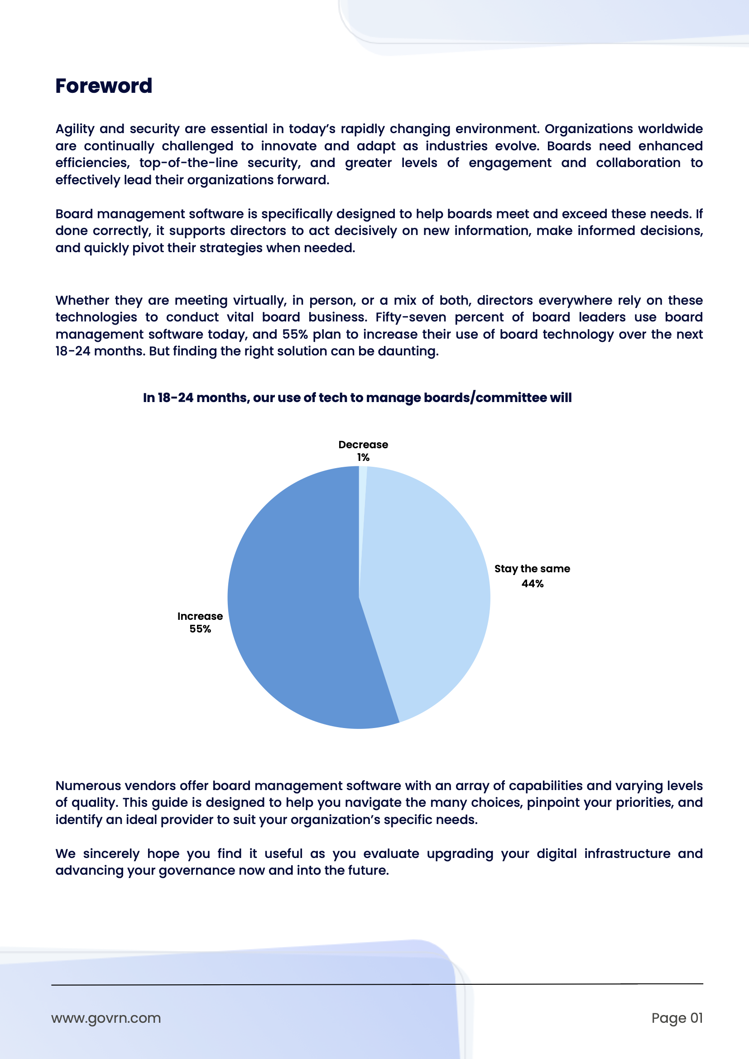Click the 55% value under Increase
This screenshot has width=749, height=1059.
[x=200, y=629]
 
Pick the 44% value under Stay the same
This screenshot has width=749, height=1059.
[x=532, y=584]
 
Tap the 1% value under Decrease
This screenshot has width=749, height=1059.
[x=363, y=458]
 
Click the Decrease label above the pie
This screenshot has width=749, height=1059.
[x=363, y=445]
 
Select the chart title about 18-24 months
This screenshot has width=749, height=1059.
[x=357, y=398]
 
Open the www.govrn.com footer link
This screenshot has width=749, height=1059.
[x=106, y=1018]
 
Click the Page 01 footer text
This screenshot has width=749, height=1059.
[x=677, y=1018]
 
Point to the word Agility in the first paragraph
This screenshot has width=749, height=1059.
[x=75, y=129]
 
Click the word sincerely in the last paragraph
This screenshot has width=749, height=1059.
[x=111, y=854]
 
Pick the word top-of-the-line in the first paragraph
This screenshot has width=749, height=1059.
[x=188, y=163]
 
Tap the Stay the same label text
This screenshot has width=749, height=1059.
[x=532, y=569]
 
